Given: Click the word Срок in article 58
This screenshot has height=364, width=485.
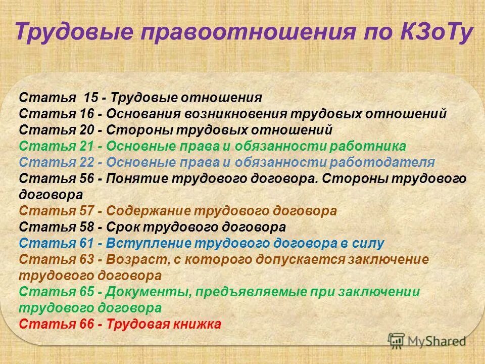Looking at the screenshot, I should (x=122, y=227).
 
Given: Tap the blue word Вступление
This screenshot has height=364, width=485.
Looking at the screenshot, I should (x=146, y=244).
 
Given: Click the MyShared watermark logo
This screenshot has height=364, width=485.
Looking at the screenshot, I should (x=426, y=340).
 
